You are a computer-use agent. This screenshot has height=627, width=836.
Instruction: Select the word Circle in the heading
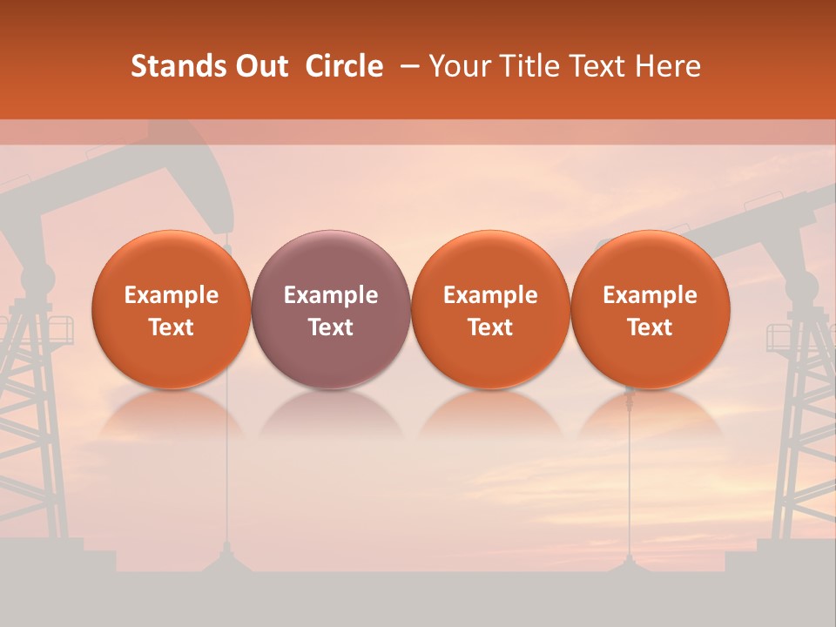pyautogui.click(x=344, y=66)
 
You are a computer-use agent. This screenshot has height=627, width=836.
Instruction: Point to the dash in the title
pyautogui.click(x=408, y=66)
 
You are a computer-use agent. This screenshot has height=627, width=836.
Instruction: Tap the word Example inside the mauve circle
pyautogui.click(x=331, y=295)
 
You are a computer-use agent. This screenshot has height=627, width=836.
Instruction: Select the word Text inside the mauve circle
pyautogui.click(x=331, y=327)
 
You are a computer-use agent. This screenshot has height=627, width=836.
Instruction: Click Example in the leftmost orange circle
pyautogui.click(x=172, y=295)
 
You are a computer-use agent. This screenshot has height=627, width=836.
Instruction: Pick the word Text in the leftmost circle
pyautogui.click(x=172, y=327)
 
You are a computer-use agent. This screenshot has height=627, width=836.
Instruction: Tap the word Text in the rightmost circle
pyautogui.click(x=650, y=327)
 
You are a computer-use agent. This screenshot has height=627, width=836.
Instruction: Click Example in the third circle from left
pyautogui.click(x=490, y=295)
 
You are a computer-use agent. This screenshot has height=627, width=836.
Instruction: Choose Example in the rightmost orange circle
pyautogui.click(x=650, y=295)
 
